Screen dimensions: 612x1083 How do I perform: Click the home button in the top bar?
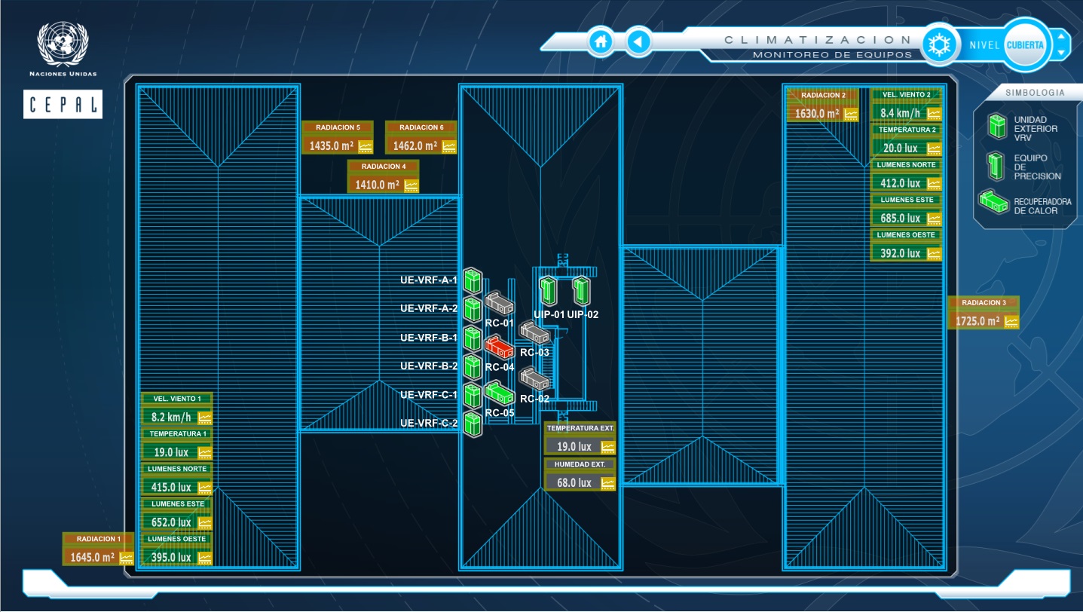click(x=601, y=41)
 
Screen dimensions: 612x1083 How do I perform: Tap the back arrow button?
click(x=639, y=41)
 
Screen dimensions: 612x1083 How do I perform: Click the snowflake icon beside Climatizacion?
click(x=939, y=44)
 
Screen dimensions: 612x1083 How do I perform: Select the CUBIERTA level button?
click(x=1025, y=45)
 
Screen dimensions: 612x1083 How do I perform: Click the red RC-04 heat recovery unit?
click(x=499, y=347)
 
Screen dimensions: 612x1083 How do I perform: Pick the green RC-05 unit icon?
click(x=499, y=393)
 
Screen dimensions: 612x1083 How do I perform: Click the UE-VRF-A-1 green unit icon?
click(x=473, y=280)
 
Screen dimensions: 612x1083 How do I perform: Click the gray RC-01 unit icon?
click(x=499, y=303)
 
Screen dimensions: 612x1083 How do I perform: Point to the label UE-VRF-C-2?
click(x=429, y=424)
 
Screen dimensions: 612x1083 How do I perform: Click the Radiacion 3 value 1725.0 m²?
click(x=977, y=321)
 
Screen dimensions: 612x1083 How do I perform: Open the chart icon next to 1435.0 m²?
click(x=366, y=146)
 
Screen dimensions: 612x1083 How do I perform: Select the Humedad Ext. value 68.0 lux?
click(x=574, y=482)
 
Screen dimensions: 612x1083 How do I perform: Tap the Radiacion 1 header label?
click(x=98, y=539)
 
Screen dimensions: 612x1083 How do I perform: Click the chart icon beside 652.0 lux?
click(x=204, y=522)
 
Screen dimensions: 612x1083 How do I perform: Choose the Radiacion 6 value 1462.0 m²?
click(x=415, y=146)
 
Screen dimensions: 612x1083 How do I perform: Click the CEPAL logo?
click(x=63, y=104)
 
